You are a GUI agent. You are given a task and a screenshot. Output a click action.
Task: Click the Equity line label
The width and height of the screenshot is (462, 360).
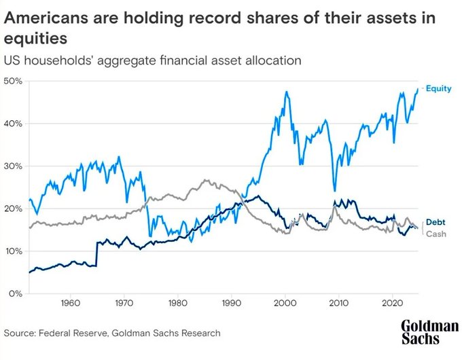point(438,88)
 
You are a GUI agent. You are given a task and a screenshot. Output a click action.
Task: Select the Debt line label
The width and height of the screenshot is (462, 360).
point(434,222)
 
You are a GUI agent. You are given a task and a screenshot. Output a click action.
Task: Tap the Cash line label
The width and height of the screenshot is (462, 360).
point(435,233)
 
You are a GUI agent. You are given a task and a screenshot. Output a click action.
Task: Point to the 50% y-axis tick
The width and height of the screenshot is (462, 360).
point(14,81)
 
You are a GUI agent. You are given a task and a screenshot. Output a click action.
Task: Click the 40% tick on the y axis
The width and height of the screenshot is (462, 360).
point(14,124)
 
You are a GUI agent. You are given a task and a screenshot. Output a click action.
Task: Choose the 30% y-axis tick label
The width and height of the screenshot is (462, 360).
point(14,166)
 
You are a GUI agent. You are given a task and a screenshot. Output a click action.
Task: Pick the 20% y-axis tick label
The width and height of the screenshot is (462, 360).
point(14,209)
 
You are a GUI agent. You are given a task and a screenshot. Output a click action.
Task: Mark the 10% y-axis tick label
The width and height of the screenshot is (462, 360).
point(14,251)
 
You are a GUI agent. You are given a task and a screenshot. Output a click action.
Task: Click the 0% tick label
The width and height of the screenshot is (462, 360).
point(16,293)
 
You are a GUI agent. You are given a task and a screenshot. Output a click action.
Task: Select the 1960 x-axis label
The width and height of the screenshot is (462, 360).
point(71,304)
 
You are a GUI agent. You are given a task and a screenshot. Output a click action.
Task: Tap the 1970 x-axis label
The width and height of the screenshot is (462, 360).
point(124,304)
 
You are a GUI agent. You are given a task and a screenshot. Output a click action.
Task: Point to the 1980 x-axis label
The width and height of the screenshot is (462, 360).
point(178,304)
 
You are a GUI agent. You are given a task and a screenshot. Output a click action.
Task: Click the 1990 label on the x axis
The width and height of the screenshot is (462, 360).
point(232,304)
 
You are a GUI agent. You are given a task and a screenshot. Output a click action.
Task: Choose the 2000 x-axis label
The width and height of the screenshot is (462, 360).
point(285,304)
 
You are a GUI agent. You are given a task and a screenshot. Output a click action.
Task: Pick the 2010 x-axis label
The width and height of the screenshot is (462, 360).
point(339,304)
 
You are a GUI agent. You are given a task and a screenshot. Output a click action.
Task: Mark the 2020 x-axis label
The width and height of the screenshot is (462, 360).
point(393,304)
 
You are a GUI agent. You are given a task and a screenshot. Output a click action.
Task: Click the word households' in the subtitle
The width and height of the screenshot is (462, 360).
point(58,60)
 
